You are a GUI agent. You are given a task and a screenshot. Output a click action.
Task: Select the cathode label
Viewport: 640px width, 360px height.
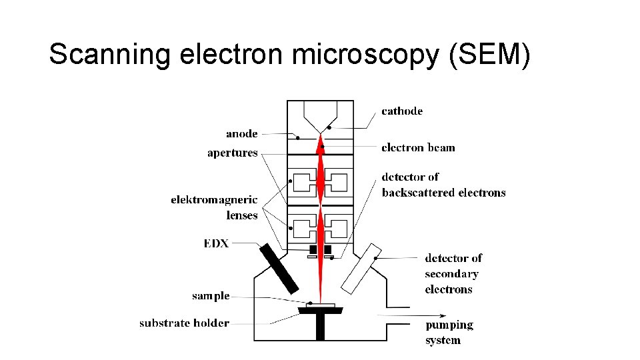click(x=401, y=111)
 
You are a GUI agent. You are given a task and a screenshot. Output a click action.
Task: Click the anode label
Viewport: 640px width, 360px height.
click(x=241, y=133)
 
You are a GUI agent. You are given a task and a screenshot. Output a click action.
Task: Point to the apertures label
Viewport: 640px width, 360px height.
click(x=232, y=153)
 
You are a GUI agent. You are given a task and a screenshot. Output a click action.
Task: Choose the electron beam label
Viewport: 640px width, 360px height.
click(x=418, y=147)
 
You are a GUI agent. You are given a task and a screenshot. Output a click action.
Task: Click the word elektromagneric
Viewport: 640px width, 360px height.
click(x=214, y=199)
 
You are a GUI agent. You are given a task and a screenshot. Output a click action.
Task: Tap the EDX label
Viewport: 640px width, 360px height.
click(x=216, y=243)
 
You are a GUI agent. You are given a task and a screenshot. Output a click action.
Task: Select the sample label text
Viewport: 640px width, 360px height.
click(x=211, y=295)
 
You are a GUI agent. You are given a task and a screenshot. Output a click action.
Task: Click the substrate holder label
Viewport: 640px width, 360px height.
click(x=184, y=323)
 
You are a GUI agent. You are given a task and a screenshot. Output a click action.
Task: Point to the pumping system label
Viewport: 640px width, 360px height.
click(x=449, y=332)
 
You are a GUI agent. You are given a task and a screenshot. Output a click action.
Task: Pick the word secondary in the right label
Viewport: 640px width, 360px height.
click(x=451, y=273)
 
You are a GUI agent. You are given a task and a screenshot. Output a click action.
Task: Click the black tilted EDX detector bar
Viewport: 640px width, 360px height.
click(x=279, y=269)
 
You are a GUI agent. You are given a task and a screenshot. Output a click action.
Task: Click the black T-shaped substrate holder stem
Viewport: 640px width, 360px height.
click(x=320, y=327)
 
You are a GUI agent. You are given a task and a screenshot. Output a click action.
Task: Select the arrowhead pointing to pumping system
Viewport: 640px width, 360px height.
click(x=417, y=315)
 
